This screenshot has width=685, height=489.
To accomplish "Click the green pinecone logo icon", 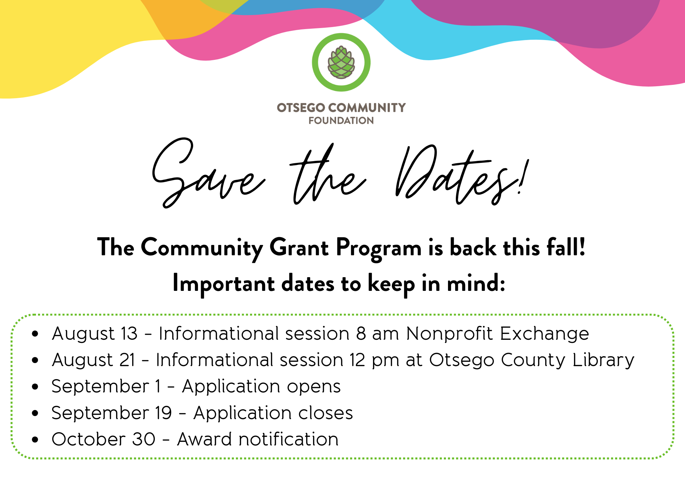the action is tap(341, 62).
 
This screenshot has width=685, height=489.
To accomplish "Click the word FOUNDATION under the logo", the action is tap(341, 120).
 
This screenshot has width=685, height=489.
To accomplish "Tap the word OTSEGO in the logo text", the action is tap(301, 108).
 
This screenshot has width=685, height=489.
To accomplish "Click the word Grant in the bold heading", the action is tap(299, 247).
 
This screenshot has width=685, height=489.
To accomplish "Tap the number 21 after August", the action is tap(127, 360).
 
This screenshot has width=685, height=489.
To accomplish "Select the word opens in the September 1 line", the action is tap(314, 387).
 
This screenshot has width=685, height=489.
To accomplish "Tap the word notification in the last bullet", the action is tap(288, 439).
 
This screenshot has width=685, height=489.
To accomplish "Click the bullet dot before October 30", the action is tap(35, 440).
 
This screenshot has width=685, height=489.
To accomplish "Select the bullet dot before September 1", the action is tap(35, 387).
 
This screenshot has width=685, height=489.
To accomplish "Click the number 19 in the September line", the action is tap(163, 413).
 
